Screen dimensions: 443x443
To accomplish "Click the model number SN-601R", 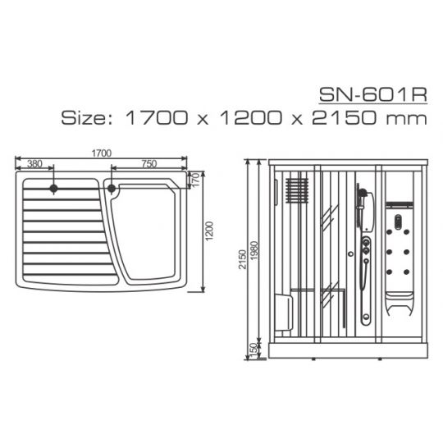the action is click(x=373, y=94).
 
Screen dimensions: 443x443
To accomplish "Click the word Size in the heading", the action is click(x=84, y=117).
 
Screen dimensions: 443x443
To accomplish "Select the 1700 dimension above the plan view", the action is click(x=102, y=153).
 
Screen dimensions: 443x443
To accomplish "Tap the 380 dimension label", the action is click(x=34, y=163).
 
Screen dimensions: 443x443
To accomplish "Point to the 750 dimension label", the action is click(x=148, y=163).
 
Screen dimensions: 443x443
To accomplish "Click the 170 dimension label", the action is click(x=195, y=180).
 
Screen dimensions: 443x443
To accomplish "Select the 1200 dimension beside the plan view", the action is click(x=209, y=231).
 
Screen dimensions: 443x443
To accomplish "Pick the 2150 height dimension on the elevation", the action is click(x=242, y=259).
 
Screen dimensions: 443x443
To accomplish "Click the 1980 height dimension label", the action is click(x=254, y=250).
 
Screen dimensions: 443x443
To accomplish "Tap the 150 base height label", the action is click(x=253, y=349).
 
